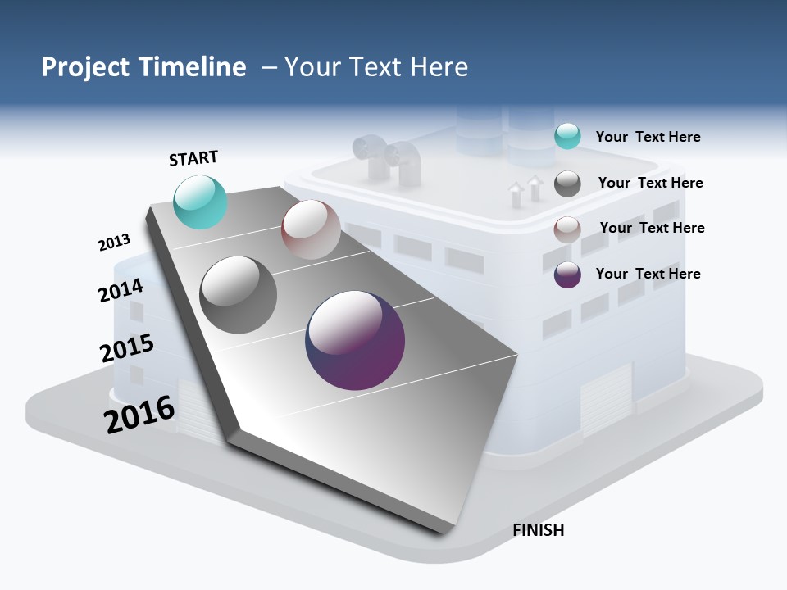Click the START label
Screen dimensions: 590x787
193,158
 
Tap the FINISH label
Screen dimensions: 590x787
538,530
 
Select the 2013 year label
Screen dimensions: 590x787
114,243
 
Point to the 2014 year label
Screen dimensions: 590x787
121,290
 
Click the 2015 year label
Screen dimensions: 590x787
126,348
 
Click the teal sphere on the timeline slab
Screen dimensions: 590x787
200,202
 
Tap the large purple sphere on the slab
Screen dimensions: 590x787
355,340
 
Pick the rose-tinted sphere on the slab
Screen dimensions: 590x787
311,229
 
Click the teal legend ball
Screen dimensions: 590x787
567,137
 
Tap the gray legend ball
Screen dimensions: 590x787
567,184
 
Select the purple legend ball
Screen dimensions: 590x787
567,275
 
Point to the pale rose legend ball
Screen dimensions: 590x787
567,229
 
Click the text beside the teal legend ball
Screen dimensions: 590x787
648,137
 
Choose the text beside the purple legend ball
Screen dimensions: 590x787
648,274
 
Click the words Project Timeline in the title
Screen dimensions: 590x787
143,67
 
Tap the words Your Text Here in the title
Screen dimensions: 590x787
375,67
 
